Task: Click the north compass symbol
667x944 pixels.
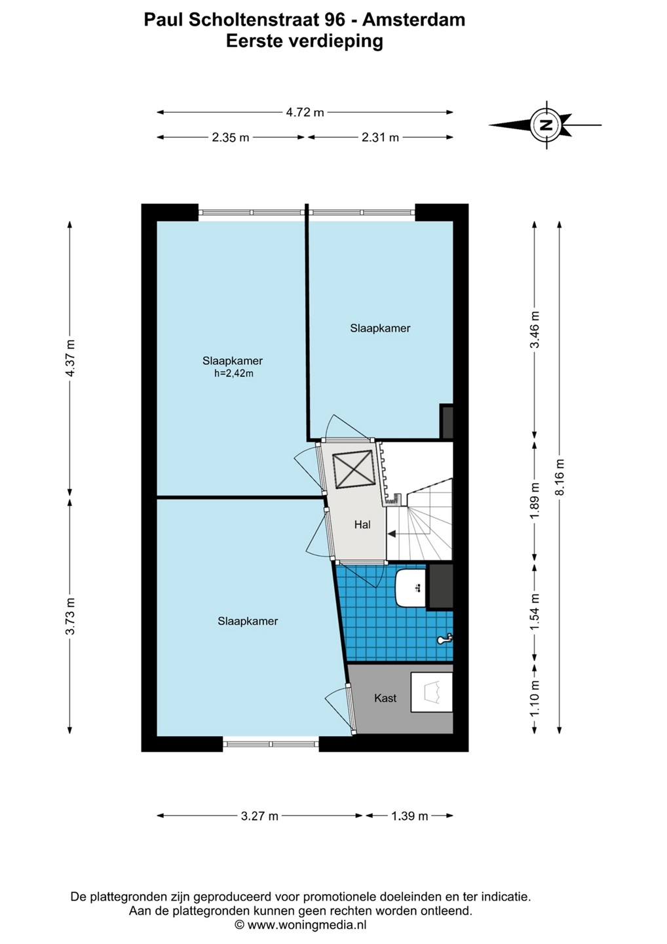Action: pyautogui.click(x=546, y=125)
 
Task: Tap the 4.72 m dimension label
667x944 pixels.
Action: pyautogui.click(x=305, y=113)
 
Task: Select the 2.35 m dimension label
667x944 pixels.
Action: pyautogui.click(x=231, y=138)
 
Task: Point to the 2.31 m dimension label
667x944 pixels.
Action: pyautogui.click(x=380, y=138)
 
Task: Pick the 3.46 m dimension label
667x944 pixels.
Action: pyautogui.click(x=535, y=330)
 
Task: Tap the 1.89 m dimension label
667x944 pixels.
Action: pyautogui.click(x=535, y=501)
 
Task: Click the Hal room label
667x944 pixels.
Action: pyautogui.click(x=362, y=524)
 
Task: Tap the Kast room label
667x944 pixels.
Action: pyautogui.click(x=385, y=698)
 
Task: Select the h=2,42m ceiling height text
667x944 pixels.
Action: pyautogui.click(x=234, y=374)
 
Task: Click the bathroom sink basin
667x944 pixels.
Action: pyautogui.click(x=411, y=588)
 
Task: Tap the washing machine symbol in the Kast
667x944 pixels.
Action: pyautogui.click(x=432, y=692)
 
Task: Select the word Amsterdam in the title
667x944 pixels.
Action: pyautogui.click(x=414, y=20)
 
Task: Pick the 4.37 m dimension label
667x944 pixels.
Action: pyautogui.click(x=71, y=358)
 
